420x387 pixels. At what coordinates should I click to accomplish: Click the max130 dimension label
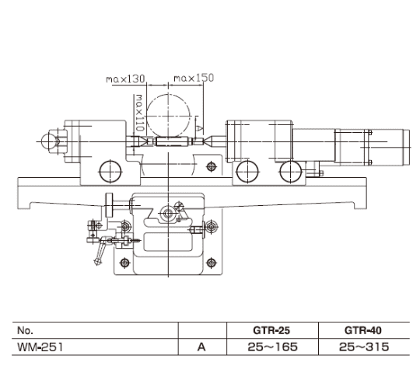click(x=125, y=79)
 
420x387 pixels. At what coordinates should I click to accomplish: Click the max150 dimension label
click(x=194, y=78)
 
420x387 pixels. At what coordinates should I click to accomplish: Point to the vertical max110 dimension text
click(x=139, y=113)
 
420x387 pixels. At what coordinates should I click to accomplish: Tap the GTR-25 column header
click(x=271, y=330)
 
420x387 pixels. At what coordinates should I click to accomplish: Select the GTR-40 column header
click(x=363, y=330)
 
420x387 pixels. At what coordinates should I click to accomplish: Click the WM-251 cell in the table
click(x=40, y=347)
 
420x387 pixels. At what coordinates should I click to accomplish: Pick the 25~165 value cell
click(x=272, y=347)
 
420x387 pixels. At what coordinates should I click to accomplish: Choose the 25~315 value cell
click(x=364, y=347)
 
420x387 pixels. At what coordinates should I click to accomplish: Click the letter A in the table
click(x=201, y=347)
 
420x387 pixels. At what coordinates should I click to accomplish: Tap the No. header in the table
click(x=25, y=330)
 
